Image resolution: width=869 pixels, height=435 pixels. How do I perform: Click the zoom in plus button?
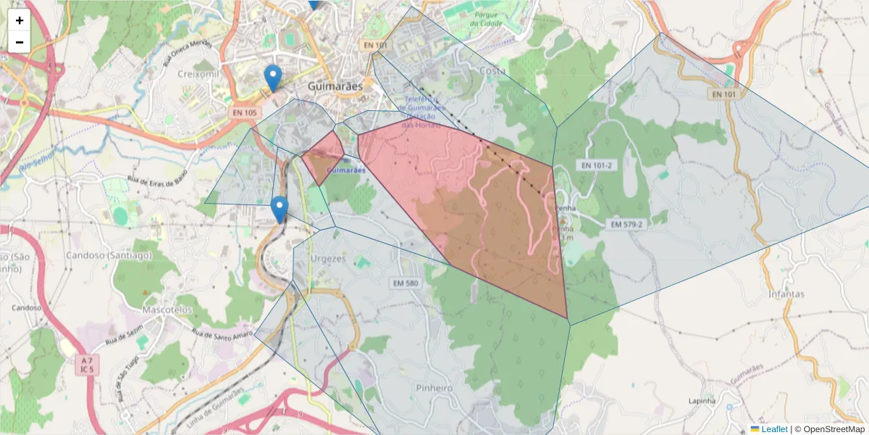tap(20, 20)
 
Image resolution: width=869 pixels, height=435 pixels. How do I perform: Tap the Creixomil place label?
tap(198, 74)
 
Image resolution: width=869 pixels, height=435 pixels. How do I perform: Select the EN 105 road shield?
tap(245, 112)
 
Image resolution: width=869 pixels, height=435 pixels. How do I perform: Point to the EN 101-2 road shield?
tap(596, 165)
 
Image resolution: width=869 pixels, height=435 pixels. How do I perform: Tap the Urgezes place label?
tap(329, 258)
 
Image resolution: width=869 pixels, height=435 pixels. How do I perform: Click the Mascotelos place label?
tap(167, 310)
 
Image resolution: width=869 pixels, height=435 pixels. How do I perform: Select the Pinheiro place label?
tap(434, 388)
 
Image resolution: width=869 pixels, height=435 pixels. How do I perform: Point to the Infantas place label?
tap(786, 294)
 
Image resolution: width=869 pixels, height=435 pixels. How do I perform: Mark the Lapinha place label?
tap(702, 400)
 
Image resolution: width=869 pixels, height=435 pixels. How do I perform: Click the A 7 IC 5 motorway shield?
tap(88, 365)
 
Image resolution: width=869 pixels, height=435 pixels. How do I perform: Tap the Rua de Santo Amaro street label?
tap(222, 333)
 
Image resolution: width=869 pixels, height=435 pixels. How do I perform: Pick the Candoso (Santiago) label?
tap(109, 255)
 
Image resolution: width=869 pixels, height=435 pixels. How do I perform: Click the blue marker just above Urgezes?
tap(279, 210)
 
